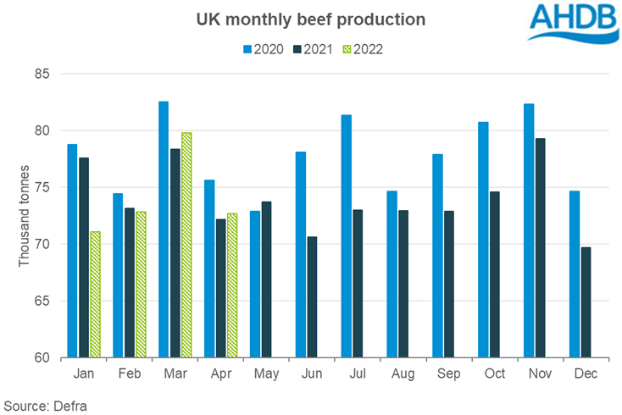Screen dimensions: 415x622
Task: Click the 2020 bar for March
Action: (164, 229)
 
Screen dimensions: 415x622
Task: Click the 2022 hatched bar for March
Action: (186, 245)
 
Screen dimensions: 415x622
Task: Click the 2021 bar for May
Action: (266, 279)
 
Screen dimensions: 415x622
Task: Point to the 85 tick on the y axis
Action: (42, 75)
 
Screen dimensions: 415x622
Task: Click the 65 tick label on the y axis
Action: (42, 301)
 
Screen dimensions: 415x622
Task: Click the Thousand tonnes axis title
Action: (25, 215)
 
